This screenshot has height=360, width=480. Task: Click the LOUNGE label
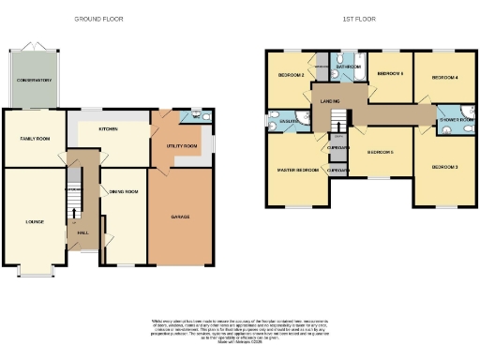[x=35, y=221]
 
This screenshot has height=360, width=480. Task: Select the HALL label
[x=82, y=232]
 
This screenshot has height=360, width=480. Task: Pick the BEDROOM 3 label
[x=443, y=166]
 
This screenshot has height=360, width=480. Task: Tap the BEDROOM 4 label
[x=443, y=79]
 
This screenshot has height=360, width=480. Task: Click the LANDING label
[x=328, y=100]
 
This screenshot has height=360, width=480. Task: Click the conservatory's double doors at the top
[x=34, y=45]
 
